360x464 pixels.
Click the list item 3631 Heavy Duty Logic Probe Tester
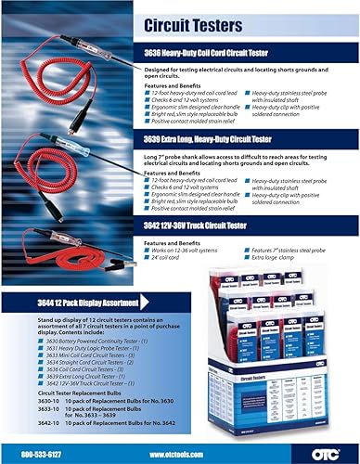point(74,349)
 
